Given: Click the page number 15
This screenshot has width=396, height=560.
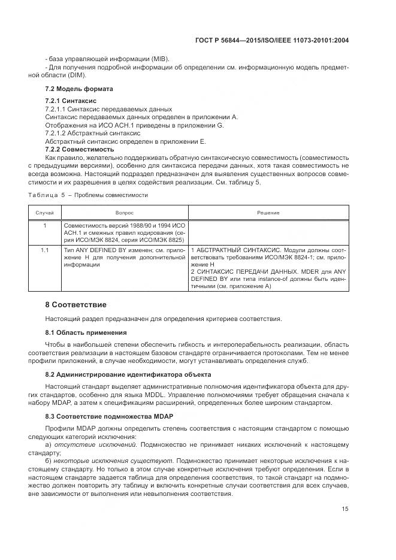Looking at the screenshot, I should (344, 509).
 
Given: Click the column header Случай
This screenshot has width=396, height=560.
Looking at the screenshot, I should (44, 213).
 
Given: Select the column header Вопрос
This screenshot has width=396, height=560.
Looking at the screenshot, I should (124, 213).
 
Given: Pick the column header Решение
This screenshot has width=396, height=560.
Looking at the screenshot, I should (268, 213).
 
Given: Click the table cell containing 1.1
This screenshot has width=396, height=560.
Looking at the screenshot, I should (44, 249).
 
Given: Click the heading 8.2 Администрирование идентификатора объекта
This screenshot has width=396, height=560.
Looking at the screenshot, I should (128, 374).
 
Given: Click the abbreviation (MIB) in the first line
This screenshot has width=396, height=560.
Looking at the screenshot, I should (159, 58).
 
